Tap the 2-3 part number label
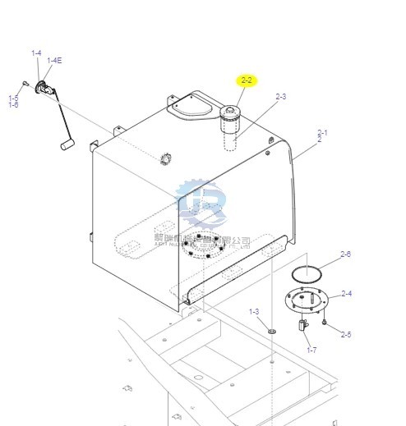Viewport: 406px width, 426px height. pos(281,97)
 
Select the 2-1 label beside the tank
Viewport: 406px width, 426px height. pos(322,133)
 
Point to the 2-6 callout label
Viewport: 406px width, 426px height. pos(345,254)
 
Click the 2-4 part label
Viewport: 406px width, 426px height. pos(346,293)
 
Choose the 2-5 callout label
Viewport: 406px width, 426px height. pos(346,334)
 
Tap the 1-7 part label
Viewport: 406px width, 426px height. pos(311,350)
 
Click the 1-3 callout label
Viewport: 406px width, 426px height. pos(254,311)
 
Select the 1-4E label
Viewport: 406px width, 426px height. pos(54,60)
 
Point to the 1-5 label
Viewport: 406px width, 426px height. pos(13,98)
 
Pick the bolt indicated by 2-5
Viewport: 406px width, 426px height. pos(325,323)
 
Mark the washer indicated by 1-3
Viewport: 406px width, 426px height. pos(271,331)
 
